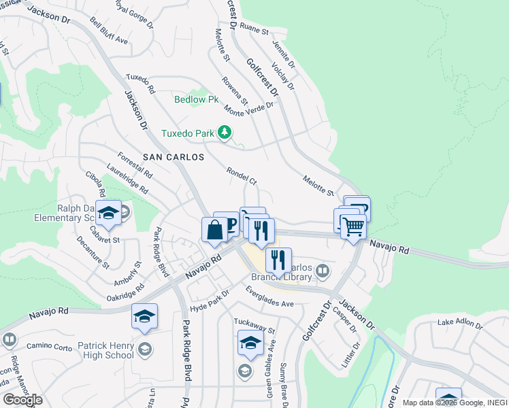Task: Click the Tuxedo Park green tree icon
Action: point(225,133)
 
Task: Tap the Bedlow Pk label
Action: point(196,99)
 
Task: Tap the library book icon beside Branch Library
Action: point(323,271)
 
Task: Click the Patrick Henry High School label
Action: point(105,350)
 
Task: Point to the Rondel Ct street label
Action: point(242,177)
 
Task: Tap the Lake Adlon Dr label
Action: point(460,322)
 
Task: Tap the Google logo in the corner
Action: point(22,400)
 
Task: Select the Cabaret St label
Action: point(102,239)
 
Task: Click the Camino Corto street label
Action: point(49,346)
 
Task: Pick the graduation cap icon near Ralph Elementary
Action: point(108,214)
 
